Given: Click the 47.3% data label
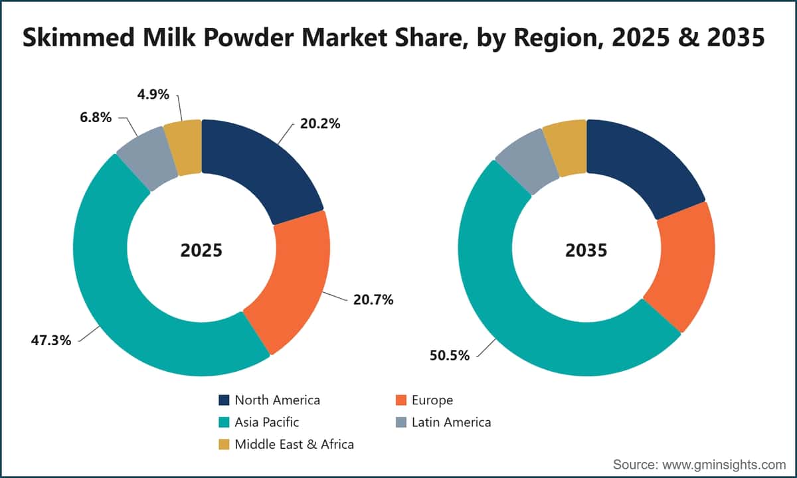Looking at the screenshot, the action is (51, 341).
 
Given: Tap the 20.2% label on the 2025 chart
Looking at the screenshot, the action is (320, 123).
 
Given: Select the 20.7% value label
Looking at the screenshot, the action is (373, 300).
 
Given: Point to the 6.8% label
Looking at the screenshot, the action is (96, 117).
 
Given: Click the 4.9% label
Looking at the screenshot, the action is (153, 94).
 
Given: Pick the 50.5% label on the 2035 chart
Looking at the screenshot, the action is (450, 355).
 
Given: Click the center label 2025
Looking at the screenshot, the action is (201, 250).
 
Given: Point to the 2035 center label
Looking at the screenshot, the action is (586, 250).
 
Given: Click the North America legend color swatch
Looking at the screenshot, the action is (224, 400).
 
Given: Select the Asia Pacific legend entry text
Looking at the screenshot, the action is (267, 422).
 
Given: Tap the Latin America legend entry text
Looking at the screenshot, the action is (451, 422).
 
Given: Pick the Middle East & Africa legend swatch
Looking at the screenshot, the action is (224, 444).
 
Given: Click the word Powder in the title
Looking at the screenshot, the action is (248, 37).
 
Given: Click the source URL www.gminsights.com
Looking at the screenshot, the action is (724, 465).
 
